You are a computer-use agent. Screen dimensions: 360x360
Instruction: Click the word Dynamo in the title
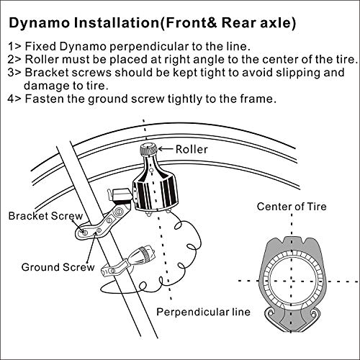tap(50, 22)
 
